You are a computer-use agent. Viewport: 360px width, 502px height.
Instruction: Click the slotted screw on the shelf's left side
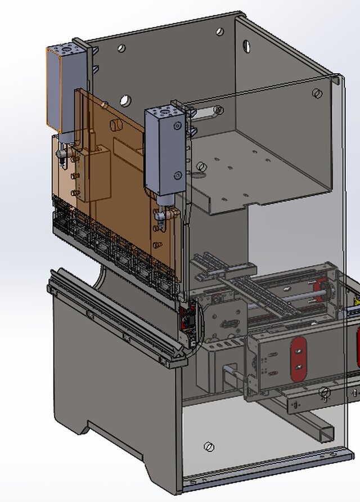(x=201, y=167)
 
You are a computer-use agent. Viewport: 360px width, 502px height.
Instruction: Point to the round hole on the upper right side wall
(x=246, y=46)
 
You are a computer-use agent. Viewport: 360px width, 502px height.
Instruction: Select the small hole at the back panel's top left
(x=121, y=48)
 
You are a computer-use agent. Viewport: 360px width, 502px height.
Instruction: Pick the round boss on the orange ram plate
(x=117, y=123)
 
